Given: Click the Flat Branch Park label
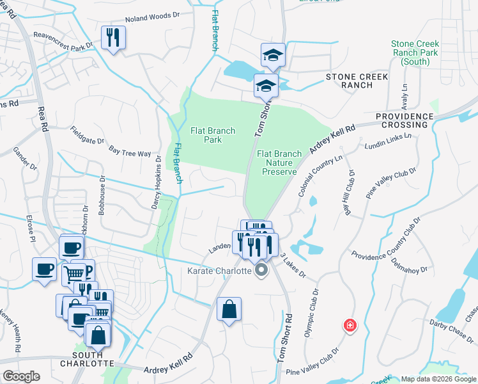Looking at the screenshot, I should pos(213,135).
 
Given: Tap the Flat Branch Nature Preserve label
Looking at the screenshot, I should pos(279,163).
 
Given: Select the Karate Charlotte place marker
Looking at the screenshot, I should pos(261,272).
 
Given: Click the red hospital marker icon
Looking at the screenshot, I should pos(350,326).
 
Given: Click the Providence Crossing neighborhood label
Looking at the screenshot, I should pos(405,120).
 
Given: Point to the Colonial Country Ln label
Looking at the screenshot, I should pos(312,173).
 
